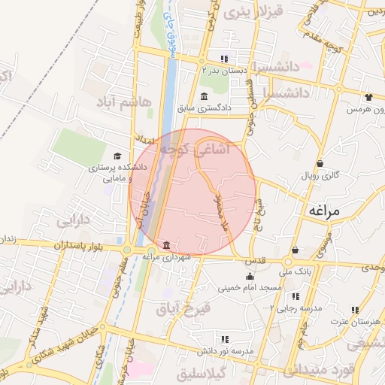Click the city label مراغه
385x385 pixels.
click(324, 211)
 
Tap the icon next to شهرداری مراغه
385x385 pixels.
click(165, 245)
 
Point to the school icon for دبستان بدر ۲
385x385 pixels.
click(223, 59)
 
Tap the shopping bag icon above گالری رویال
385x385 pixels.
click(320, 163)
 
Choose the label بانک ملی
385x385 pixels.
click(295, 270)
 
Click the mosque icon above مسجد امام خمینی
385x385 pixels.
click(250, 275)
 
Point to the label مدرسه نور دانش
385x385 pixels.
click(223, 351)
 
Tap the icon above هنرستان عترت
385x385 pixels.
click(355, 309)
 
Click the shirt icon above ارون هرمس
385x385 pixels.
click(368, 97)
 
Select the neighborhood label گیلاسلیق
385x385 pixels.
click(223, 371)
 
